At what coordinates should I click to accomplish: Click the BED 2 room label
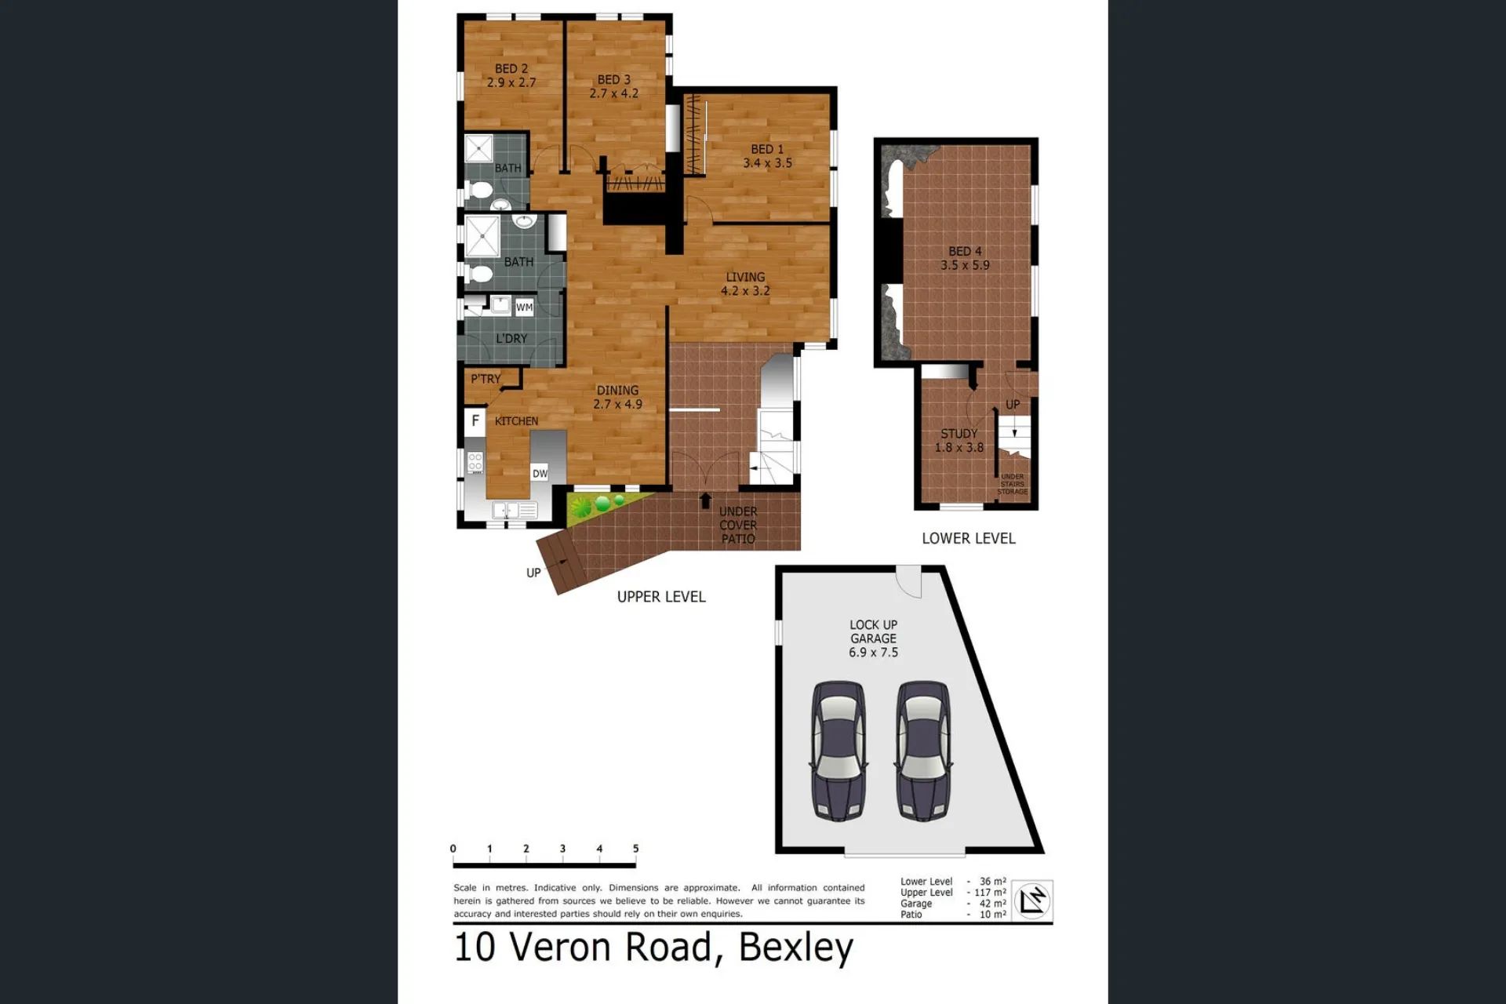(511, 69)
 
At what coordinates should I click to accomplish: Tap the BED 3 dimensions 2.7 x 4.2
(614, 93)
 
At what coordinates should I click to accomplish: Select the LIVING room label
(745, 277)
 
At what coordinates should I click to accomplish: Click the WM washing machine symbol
(524, 307)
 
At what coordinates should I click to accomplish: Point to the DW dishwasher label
(540, 474)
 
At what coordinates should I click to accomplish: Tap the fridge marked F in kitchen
(475, 421)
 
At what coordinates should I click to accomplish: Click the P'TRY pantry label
(486, 379)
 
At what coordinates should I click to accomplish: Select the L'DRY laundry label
(511, 339)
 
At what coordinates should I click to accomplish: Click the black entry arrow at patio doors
(706, 500)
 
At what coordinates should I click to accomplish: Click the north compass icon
(1032, 900)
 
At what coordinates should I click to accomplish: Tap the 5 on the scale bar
(635, 849)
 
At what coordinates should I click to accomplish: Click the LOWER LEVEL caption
(969, 539)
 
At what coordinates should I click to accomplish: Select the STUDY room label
(959, 434)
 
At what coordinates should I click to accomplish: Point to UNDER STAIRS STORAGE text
(1013, 484)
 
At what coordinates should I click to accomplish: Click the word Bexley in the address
(796, 948)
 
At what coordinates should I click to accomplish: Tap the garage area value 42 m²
(992, 904)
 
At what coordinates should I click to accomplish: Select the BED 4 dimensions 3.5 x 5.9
(966, 265)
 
